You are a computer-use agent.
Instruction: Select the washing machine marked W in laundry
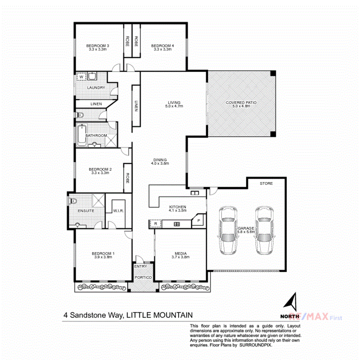click(x=81, y=76)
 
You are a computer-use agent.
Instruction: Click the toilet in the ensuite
click(x=73, y=201)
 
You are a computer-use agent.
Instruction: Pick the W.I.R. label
click(x=118, y=210)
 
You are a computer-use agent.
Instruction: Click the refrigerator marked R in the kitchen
click(x=155, y=223)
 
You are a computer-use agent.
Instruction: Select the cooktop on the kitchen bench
click(x=176, y=224)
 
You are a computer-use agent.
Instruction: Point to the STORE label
click(x=266, y=184)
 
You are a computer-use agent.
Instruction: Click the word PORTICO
click(x=143, y=277)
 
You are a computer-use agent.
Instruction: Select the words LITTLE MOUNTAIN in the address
click(x=160, y=315)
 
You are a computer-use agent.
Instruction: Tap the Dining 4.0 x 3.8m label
click(x=160, y=162)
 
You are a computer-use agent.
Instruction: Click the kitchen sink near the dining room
click(x=195, y=194)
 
